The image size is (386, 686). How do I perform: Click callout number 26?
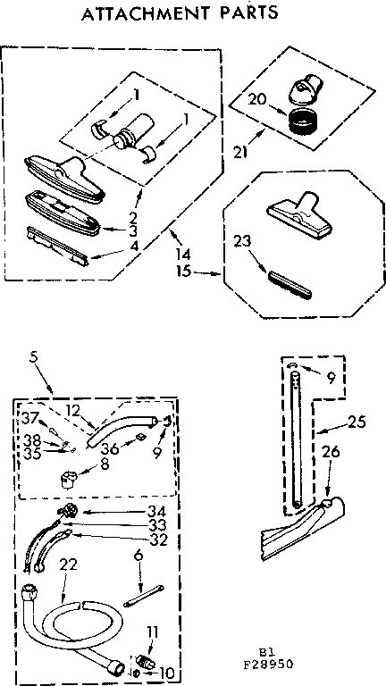pos(331,452)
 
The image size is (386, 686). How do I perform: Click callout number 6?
pos(138,556)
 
